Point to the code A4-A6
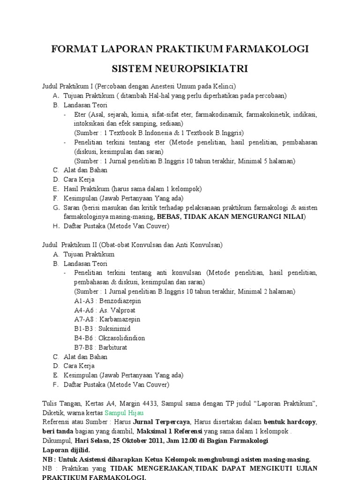click(x=84, y=310)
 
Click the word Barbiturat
click(x=113, y=347)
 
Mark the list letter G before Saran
click(x=55, y=208)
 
